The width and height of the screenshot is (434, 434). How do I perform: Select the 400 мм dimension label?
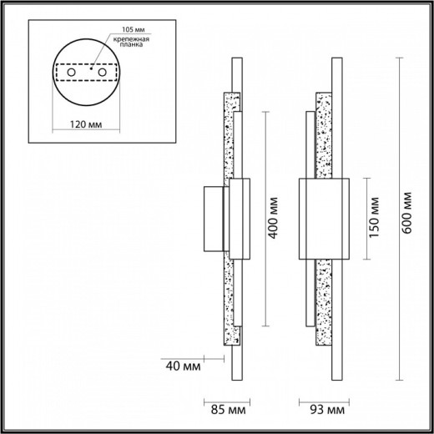point(271,216)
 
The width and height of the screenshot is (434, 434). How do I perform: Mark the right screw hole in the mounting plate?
point(102,74)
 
